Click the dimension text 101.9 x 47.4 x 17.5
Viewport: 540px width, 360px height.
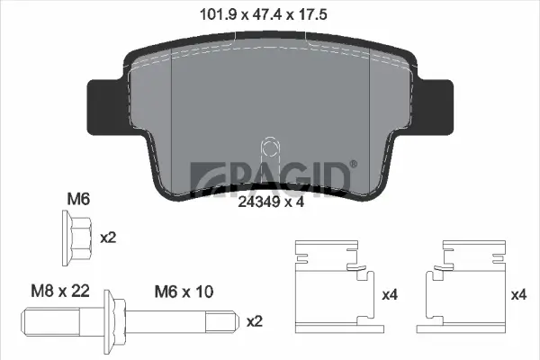point(270,13)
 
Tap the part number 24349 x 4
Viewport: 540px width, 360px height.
point(270,202)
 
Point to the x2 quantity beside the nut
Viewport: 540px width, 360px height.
point(108,238)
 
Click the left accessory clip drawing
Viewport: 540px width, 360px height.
point(333,283)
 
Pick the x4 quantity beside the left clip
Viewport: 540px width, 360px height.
point(389,294)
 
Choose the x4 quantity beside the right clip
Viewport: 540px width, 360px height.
point(518,294)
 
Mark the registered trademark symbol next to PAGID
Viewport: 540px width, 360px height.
point(352,163)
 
